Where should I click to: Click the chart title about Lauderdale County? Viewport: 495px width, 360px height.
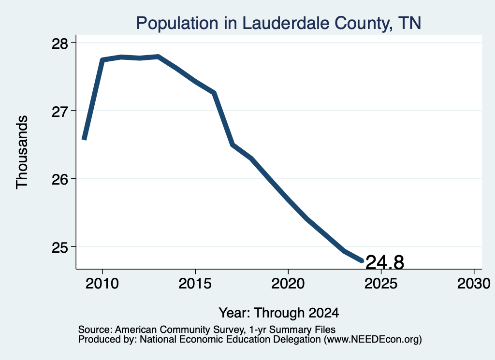click(x=278, y=23)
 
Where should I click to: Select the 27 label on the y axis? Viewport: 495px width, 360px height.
click(x=59, y=111)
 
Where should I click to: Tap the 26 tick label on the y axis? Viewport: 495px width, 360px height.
click(x=59, y=179)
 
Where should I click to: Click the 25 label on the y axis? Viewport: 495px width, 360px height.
click(x=59, y=247)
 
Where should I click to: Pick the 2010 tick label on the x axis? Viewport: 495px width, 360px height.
click(x=102, y=284)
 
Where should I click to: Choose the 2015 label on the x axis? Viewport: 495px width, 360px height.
click(x=195, y=284)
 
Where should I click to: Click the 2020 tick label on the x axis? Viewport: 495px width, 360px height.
click(x=288, y=284)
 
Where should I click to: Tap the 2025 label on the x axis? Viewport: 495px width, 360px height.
click(x=381, y=284)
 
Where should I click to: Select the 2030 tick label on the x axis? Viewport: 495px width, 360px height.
click(x=474, y=284)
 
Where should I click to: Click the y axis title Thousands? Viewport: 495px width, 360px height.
click(x=22, y=152)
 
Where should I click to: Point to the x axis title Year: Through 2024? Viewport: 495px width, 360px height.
click(x=279, y=313)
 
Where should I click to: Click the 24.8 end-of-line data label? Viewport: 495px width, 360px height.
click(x=384, y=262)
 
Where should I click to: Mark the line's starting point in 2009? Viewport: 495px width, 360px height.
click(x=84, y=139)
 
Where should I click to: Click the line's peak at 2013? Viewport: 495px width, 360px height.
click(x=158, y=57)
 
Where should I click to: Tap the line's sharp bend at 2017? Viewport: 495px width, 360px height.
click(x=233, y=145)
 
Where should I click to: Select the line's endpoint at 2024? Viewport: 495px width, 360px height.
click(x=363, y=261)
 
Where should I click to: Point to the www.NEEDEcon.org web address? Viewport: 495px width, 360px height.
click(x=373, y=340)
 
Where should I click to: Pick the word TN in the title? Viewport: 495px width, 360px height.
click(x=409, y=23)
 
